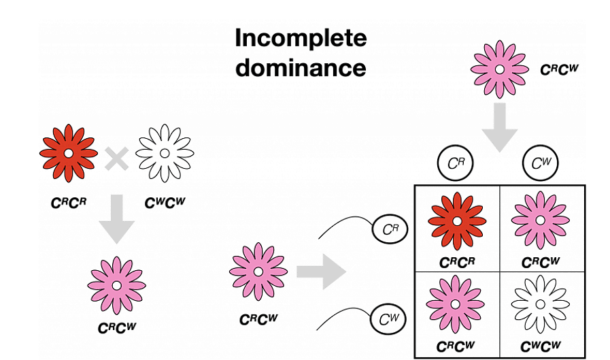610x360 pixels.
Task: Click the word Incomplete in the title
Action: pos(301,39)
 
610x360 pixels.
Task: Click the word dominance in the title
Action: pos(301,67)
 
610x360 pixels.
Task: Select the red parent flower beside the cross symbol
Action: pos(69,153)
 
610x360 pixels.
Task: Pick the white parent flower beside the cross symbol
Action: pos(165,153)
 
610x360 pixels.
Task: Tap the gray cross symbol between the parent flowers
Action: pos(117,159)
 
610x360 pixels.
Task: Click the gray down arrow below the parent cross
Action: pos(116,218)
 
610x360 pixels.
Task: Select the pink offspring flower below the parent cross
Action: pos(116,284)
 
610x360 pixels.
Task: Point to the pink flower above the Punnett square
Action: pos(499,69)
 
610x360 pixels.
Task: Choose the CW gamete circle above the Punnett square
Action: pos(541,164)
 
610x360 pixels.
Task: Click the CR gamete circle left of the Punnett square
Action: pos(389,230)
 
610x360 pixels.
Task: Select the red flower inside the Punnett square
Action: pos(456,220)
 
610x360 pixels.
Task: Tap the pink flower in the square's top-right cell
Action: pos(541,220)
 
